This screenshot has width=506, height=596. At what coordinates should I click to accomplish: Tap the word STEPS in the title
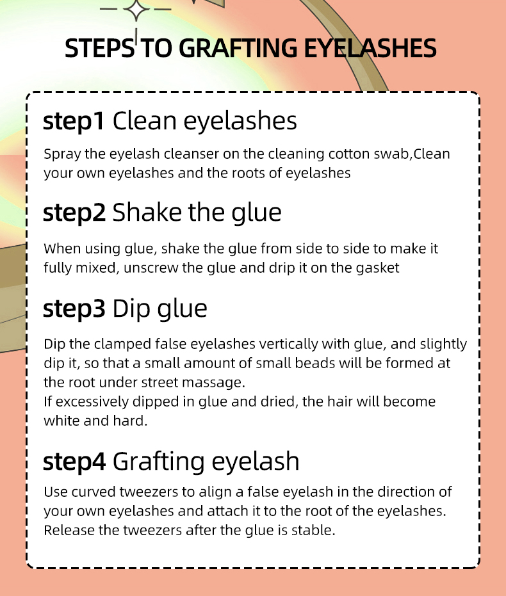100,48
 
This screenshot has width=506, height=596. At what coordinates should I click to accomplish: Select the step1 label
74,121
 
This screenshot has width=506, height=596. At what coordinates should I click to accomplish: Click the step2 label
74,213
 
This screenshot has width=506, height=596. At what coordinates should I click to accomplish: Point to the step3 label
74,309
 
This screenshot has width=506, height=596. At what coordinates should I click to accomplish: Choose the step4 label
74,462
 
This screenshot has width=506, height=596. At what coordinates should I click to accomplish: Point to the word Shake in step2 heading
147,212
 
